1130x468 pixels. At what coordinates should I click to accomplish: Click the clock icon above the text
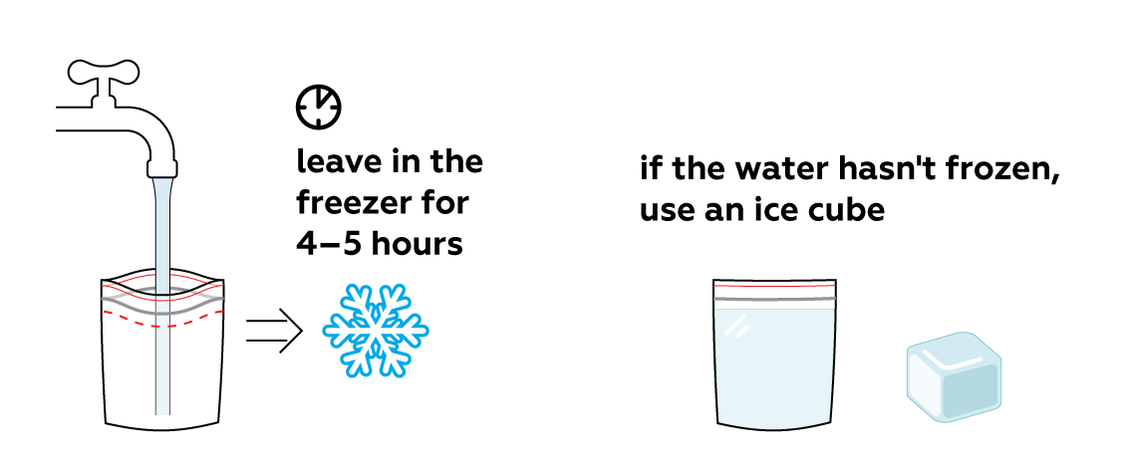pyautogui.click(x=319, y=108)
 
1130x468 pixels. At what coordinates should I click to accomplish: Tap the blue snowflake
pyautogui.click(x=376, y=330)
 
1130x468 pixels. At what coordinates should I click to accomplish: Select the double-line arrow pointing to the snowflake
pyautogui.click(x=274, y=332)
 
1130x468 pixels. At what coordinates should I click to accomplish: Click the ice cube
pyautogui.click(x=954, y=377)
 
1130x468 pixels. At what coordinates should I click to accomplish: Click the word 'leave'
pyautogui.click(x=339, y=161)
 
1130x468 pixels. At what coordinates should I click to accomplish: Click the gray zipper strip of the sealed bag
pyautogui.click(x=774, y=298)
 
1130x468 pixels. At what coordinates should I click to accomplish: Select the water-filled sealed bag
pyautogui.click(x=774, y=353)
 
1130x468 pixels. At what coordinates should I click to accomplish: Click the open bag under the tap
pyautogui.click(x=116, y=360)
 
